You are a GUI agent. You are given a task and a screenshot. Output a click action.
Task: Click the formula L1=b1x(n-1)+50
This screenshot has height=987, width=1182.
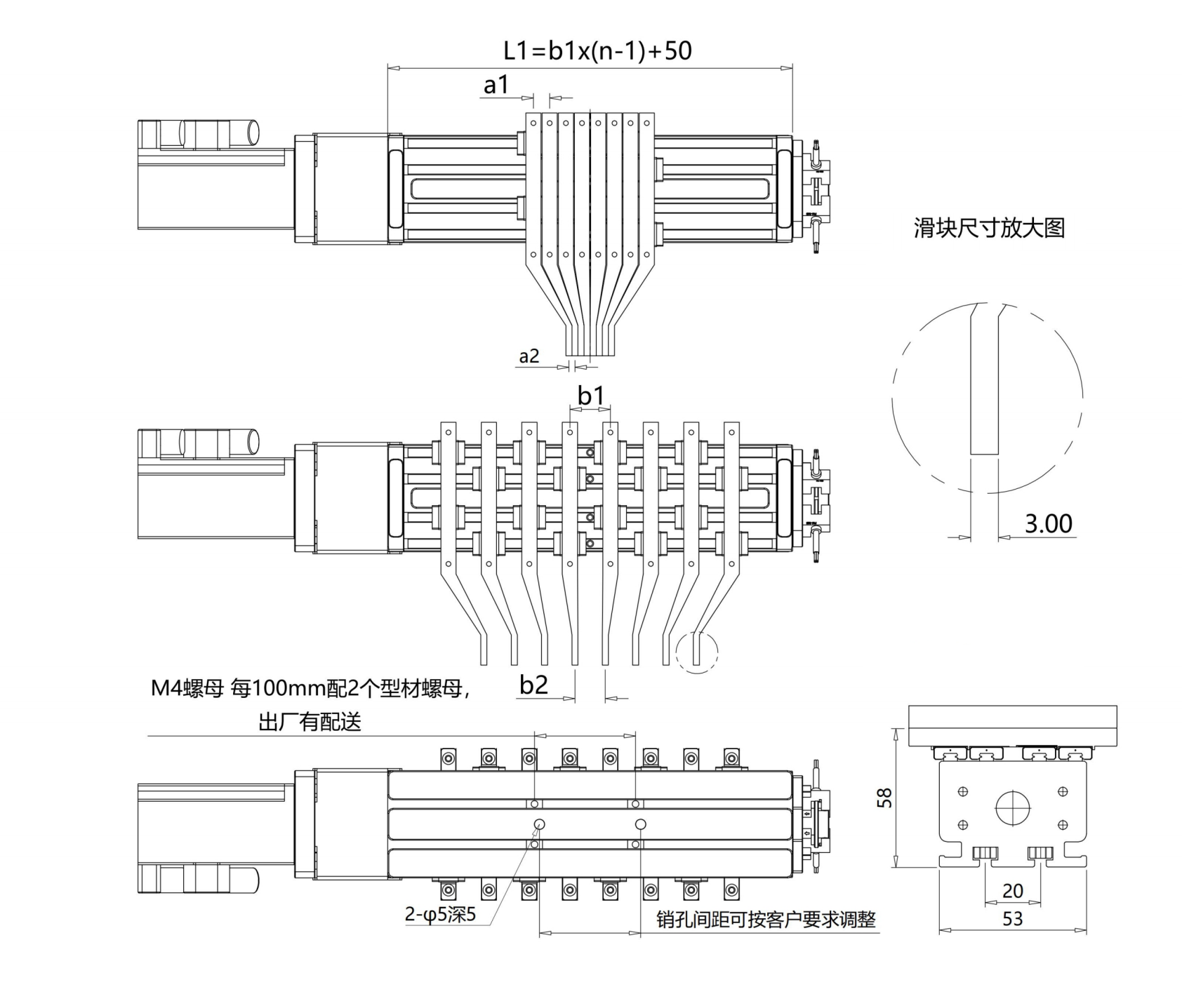tap(597, 51)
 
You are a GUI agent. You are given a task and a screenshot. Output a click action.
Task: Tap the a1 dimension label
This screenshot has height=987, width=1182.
tap(496, 85)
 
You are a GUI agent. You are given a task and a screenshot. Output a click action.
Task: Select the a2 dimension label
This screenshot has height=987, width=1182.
tap(529, 356)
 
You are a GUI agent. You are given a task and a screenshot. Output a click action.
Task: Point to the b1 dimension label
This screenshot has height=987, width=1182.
tap(591, 396)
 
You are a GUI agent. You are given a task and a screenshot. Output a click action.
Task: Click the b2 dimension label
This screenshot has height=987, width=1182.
tap(533, 684)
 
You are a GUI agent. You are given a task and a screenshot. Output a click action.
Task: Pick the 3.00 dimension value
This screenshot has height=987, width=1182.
tap(1049, 523)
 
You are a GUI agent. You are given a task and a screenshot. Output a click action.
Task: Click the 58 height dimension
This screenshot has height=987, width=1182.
tap(885, 798)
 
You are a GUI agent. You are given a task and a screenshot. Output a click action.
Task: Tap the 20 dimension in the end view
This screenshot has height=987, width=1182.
tap(1012, 890)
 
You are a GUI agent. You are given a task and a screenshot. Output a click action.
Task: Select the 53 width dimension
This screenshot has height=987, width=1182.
tap(1012, 918)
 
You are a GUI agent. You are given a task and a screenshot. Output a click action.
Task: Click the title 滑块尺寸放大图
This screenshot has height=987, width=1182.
tap(989, 228)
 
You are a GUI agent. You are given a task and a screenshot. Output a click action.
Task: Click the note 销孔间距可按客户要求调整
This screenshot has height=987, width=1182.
tap(766, 920)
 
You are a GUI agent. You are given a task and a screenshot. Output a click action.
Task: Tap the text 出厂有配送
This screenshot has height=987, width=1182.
tap(310, 722)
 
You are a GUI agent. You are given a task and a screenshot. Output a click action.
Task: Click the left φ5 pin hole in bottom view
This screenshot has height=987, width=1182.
tap(539, 824)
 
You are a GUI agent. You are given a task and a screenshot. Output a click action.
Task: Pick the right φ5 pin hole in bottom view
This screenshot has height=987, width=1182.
tap(640, 824)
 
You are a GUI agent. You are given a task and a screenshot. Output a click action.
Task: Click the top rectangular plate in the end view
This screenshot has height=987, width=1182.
tap(1012, 727)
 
